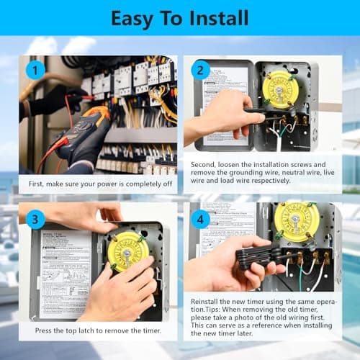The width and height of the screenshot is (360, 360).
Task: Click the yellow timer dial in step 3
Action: pyautogui.click(x=127, y=250)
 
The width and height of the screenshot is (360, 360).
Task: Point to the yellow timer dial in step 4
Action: pyautogui.click(x=296, y=222)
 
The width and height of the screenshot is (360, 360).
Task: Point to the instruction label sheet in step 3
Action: pyautogui.click(x=65, y=272)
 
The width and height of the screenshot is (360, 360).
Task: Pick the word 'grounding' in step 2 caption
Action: pyautogui.click(x=238, y=174)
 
